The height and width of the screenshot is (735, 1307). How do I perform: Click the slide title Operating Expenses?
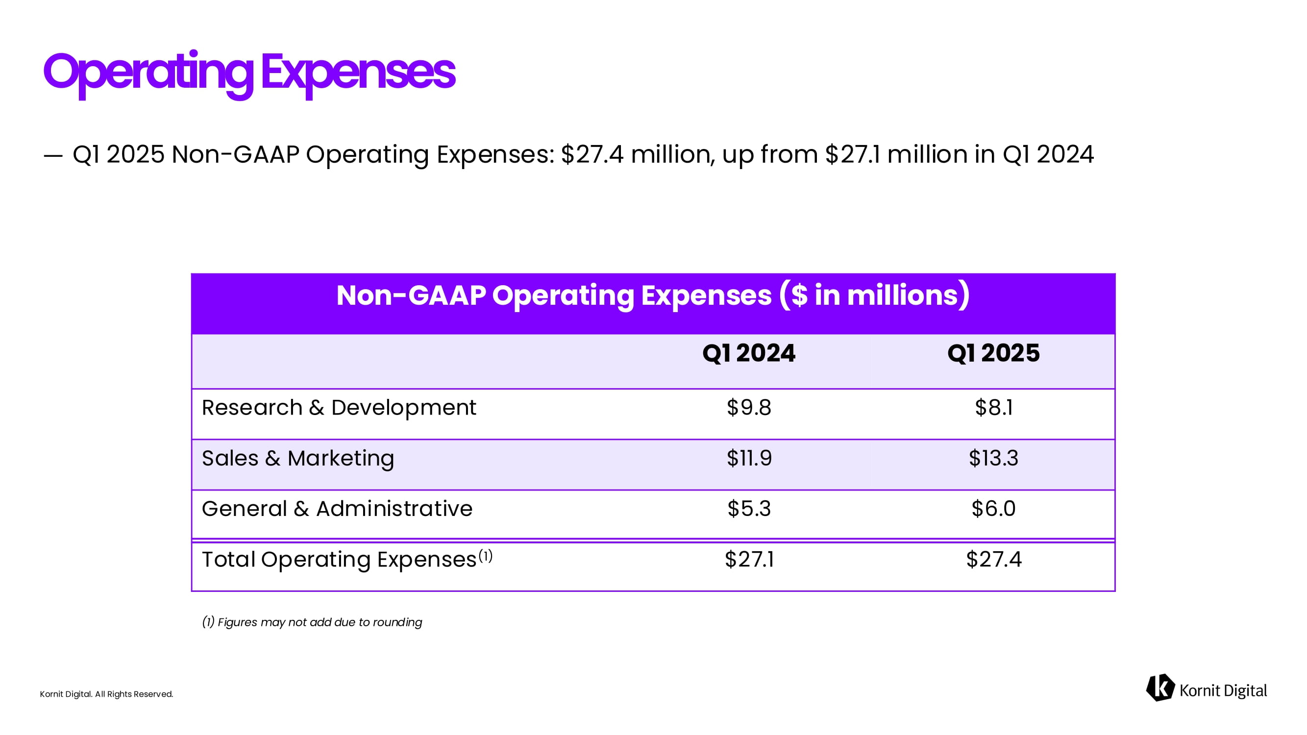click(x=249, y=72)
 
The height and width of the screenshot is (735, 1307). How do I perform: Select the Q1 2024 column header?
click(x=748, y=353)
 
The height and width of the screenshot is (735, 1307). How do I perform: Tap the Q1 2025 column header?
click(x=993, y=353)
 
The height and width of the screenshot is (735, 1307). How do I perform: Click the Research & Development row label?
click(x=339, y=408)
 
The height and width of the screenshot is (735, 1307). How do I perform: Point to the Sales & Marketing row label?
click(x=298, y=459)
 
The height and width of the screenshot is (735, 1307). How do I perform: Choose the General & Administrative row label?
click(x=337, y=509)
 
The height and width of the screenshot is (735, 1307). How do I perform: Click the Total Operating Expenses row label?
click(x=339, y=560)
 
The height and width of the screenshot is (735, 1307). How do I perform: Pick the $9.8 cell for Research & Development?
click(x=748, y=408)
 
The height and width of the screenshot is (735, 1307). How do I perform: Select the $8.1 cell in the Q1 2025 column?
click(x=993, y=408)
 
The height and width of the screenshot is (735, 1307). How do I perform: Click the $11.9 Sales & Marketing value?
click(x=748, y=459)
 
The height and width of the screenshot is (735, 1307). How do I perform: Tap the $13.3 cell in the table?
click(x=993, y=459)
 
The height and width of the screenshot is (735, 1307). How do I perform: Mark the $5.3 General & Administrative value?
click(x=748, y=509)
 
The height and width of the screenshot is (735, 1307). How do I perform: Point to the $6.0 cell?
click(x=993, y=509)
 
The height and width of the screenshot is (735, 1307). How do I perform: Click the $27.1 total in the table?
click(x=748, y=560)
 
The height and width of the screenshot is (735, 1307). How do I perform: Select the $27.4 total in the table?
click(x=993, y=560)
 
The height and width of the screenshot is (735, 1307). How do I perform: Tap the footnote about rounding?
click(x=312, y=622)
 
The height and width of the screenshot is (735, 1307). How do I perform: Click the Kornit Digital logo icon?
click(x=1160, y=688)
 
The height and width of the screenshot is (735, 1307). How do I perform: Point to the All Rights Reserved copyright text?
click(x=106, y=694)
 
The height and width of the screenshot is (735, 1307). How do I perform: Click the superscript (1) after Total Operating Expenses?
click(x=485, y=557)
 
